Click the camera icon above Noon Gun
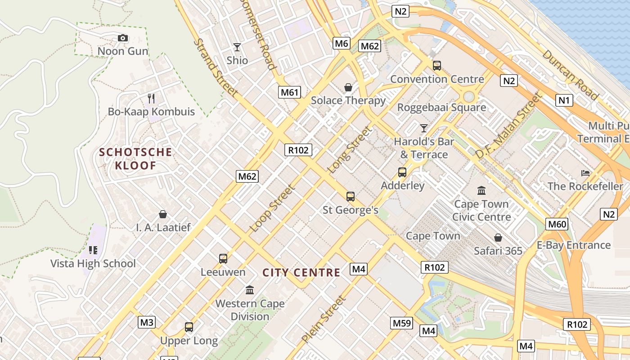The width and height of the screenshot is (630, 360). click(123, 38)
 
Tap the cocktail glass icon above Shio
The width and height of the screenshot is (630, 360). click(237, 47)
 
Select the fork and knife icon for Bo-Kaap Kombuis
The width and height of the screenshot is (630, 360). click(151, 98)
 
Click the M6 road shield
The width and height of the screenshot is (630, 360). click(342, 43)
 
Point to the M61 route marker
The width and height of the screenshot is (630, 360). click(289, 93)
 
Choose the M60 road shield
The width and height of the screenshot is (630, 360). click(557, 224)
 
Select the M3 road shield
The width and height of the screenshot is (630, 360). click(147, 322)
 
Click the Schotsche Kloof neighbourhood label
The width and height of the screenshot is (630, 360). click(135, 159)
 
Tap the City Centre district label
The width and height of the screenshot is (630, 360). click(301, 273)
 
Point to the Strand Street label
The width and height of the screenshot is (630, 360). click(216, 67)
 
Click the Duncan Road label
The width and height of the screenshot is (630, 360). click(571, 75)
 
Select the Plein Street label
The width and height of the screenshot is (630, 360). click(324, 319)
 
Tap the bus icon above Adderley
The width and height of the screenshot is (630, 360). click(402, 172)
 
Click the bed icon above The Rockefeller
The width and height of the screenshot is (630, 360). click(585, 173)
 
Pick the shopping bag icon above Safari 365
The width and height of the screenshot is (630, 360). click(498, 237)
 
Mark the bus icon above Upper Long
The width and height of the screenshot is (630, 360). click(189, 327)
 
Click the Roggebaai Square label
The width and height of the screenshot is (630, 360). click(441, 108)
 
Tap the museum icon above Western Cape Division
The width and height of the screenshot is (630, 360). click(250, 290)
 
